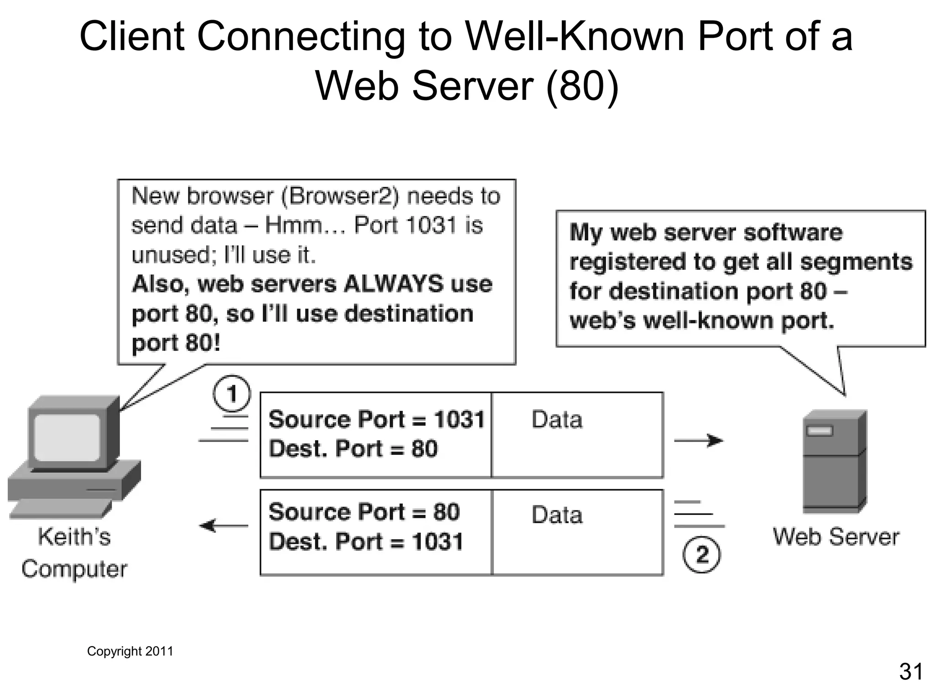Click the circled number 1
[232, 394]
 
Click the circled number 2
[701, 555]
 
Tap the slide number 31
[911, 672]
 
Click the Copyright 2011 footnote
[130, 651]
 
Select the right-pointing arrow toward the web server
[699, 441]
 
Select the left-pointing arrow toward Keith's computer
[224, 526]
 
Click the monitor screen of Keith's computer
[67, 437]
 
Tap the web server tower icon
[834, 461]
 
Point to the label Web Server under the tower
[836, 536]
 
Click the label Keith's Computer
[74, 553]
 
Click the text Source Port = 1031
[376, 419]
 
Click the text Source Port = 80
[364, 512]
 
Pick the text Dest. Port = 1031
[366, 542]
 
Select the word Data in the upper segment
[557, 419]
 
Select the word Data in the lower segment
[557, 515]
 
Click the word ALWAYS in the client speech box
[393, 284]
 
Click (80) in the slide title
[582, 86]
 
